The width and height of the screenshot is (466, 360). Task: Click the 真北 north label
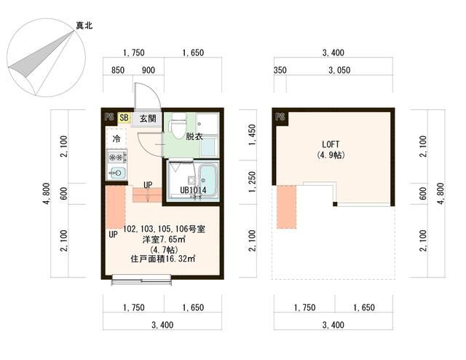pos(84,26)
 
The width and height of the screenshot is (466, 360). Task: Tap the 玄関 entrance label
pos(148,117)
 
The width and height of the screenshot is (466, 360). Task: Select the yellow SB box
pos(124,117)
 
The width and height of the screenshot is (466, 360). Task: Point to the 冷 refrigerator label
pos(116,138)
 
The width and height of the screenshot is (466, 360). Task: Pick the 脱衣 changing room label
pos(194,136)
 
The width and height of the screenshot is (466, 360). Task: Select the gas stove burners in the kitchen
pos(116,156)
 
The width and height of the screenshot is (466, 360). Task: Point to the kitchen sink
pos(116,173)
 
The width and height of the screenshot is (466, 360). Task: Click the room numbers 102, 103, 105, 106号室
pos(164,229)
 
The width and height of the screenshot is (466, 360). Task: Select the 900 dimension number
pos(148,70)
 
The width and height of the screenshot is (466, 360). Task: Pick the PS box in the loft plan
pos(280,117)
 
